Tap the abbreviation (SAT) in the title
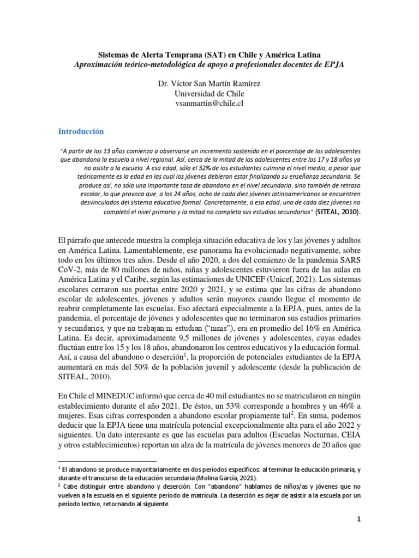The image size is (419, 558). coord(222,54)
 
